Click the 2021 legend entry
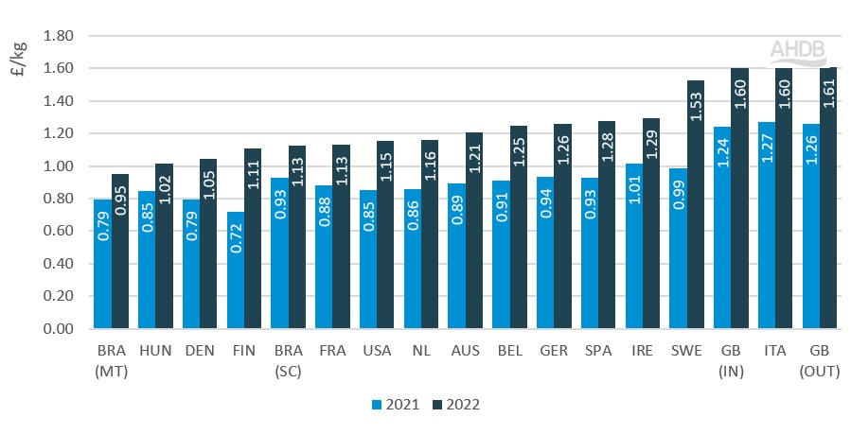(391, 405)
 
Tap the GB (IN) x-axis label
(731, 359)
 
